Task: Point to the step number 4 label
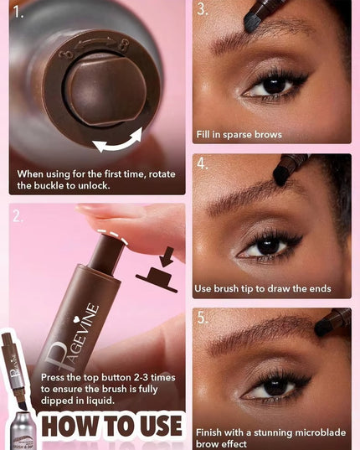point(203,163)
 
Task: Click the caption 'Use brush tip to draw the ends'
point(262,288)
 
